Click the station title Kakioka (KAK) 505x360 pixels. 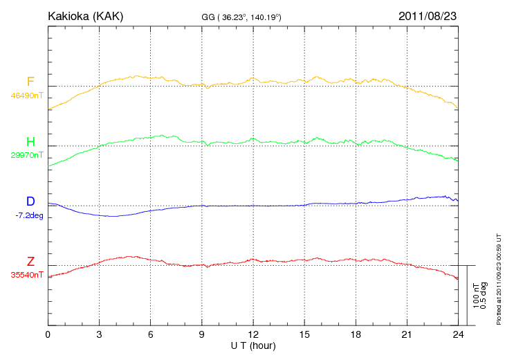click(85, 15)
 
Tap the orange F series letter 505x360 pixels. click(30, 82)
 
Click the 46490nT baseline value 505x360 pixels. click(26, 96)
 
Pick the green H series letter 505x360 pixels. click(30, 142)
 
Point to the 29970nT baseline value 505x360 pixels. click(26, 155)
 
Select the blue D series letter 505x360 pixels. click(30, 201)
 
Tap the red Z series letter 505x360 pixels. click(30, 262)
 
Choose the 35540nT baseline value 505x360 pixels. click(26, 275)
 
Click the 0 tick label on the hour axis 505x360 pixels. click(48, 334)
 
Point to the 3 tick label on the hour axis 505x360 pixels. click(99, 334)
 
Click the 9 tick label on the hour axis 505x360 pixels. click(202, 334)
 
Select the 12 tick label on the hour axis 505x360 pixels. click(253, 334)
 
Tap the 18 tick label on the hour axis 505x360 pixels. click(356, 334)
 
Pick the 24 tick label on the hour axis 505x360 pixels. click(458, 334)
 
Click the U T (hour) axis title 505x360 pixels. click(253, 345)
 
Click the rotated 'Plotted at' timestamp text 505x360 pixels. click(499, 277)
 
